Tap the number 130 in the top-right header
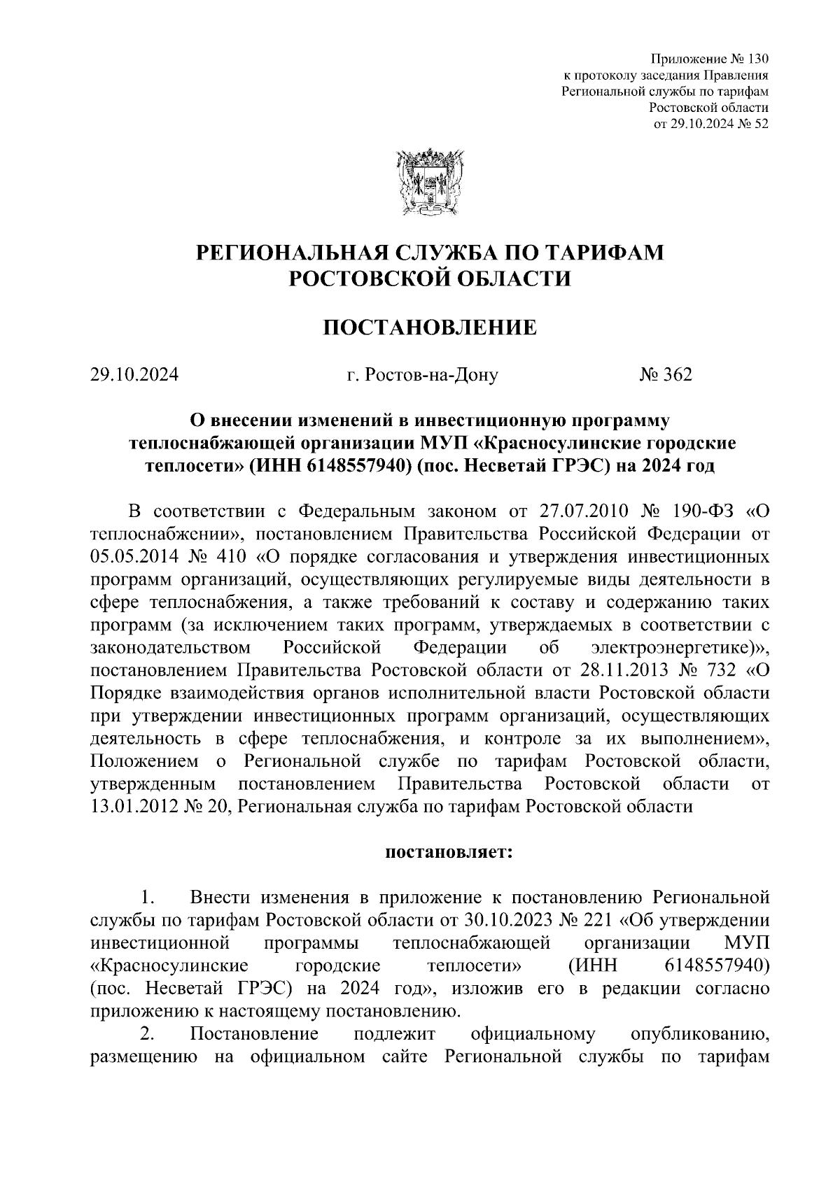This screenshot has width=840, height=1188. click(x=758, y=58)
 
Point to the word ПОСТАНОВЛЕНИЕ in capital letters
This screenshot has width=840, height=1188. click(x=429, y=327)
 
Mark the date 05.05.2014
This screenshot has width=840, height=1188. click(x=135, y=558)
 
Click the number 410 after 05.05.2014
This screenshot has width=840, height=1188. click(x=222, y=558)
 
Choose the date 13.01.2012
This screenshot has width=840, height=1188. click(x=135, y=806)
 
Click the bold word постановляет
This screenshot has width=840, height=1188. click(x=448, y=853)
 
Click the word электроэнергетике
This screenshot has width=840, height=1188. click(x=678, y=648)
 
